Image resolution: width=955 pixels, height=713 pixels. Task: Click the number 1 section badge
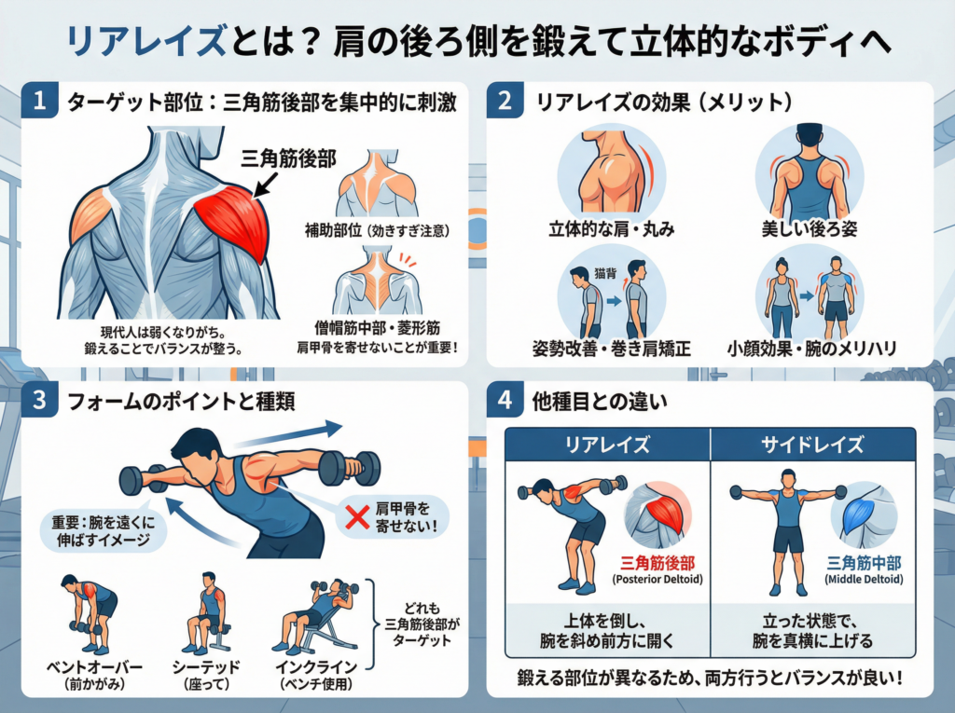(x=39, y=100)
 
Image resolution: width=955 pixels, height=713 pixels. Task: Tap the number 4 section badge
(x=505, y=401)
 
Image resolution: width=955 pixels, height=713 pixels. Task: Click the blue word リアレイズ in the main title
(x=146, y=41)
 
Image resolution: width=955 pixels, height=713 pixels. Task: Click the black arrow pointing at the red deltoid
(x=265, y=185)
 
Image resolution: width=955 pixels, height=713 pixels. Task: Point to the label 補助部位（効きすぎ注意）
(x=378, y=231)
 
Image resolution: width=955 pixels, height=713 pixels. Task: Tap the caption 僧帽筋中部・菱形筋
(x=378, y=328)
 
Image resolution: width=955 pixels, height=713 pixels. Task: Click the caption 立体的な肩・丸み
(x=612, y=229)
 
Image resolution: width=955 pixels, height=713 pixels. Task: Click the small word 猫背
(x=604, y=273)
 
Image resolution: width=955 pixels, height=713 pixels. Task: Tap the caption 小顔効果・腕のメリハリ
(x=812, y=349)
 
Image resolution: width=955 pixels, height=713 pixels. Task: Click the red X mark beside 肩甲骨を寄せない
(x=357, y=517)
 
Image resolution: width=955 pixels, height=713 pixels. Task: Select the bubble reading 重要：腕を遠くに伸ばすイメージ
(x=103, y=531)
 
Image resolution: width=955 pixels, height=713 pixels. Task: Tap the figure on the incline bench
(x=319, y=616)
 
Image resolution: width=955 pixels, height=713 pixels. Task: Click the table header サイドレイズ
(x=812, y=445)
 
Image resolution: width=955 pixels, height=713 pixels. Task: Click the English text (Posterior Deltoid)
(x=657, y=579)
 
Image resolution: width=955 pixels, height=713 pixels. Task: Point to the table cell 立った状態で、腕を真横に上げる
(x=812, y=631)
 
